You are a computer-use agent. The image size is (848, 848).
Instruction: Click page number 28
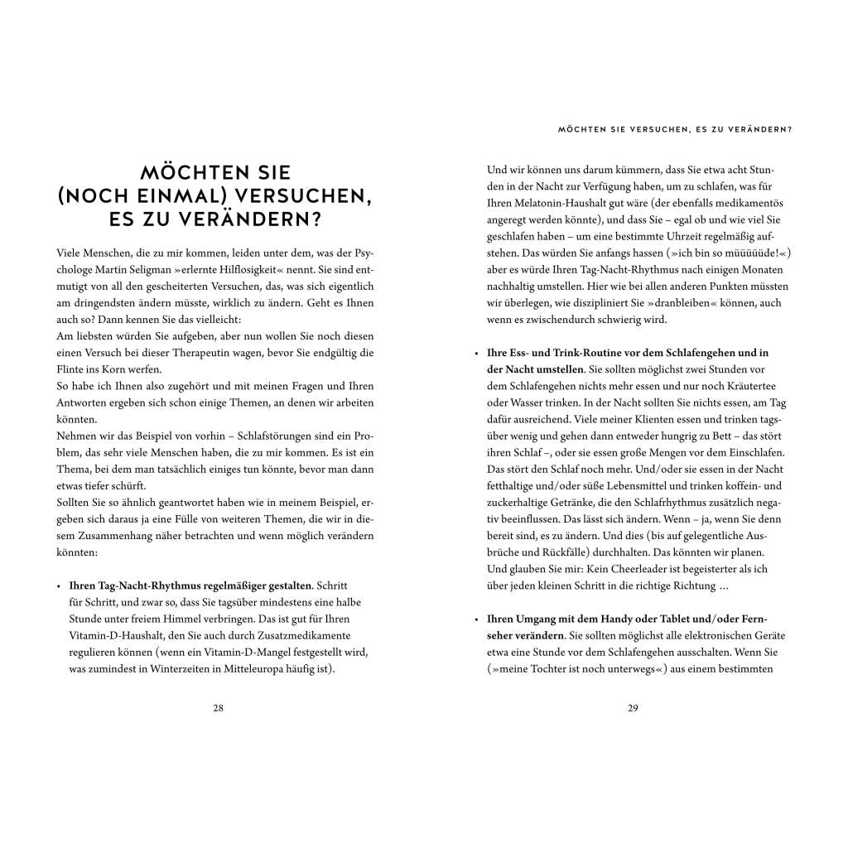click(218, 707)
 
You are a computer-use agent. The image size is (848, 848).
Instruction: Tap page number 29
click(633, 707)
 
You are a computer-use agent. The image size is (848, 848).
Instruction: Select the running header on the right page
click(675, 129)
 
